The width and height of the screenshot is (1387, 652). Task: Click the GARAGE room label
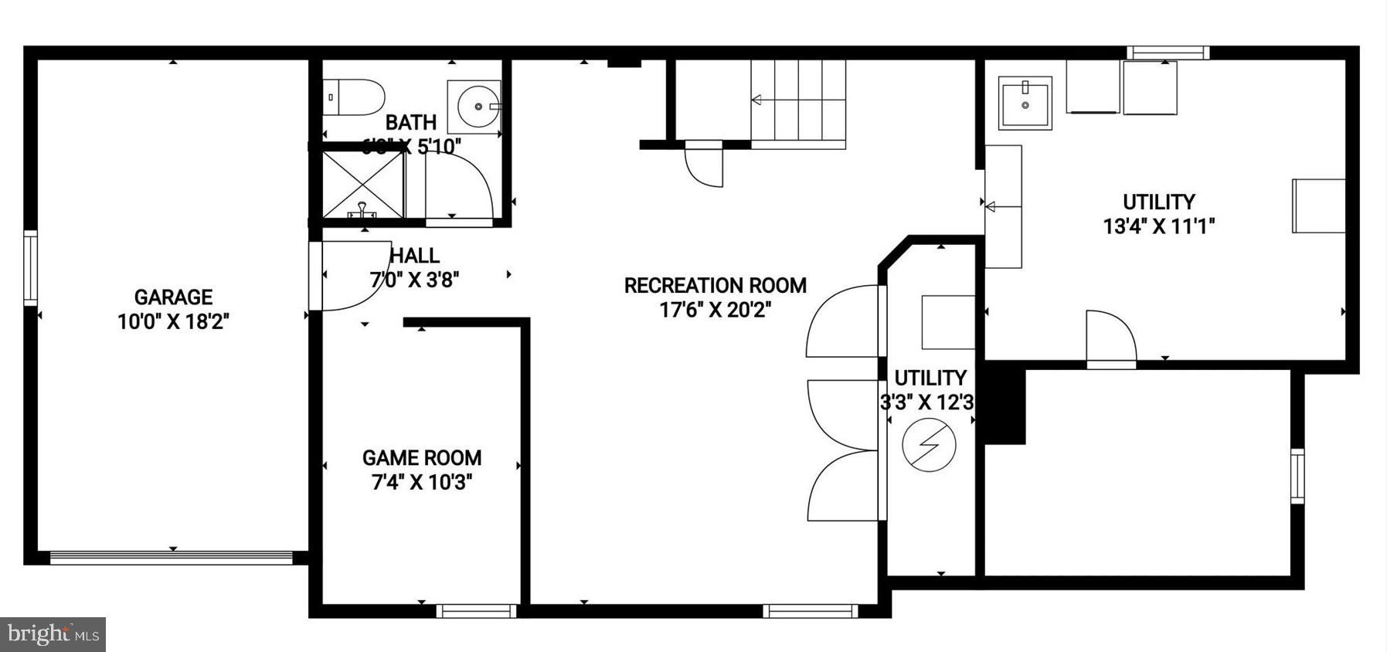(173, 297)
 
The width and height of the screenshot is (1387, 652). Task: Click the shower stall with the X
(363, 185)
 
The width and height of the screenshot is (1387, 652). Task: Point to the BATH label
(411, 123)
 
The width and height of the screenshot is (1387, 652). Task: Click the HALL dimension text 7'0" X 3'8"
(415, 280)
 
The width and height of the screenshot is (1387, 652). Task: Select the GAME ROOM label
(422, 458)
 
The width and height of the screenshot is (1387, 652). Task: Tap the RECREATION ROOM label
(715, 286)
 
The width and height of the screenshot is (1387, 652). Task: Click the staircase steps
(798, 101)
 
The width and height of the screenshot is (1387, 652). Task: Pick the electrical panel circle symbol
(930, 445)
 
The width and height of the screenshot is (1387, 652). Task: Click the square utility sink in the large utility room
(1025, 103)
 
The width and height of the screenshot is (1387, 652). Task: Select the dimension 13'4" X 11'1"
(1159, 226)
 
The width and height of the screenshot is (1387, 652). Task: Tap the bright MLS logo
(53, 635)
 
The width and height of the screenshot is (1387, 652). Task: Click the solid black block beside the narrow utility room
(1004, 406)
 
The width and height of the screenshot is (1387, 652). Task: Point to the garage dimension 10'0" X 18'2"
(173, 321)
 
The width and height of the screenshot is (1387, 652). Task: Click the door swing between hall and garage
(352, 275)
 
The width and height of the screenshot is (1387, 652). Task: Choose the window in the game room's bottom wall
(476, 611)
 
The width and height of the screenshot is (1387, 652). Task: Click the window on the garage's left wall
(30, 267)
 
